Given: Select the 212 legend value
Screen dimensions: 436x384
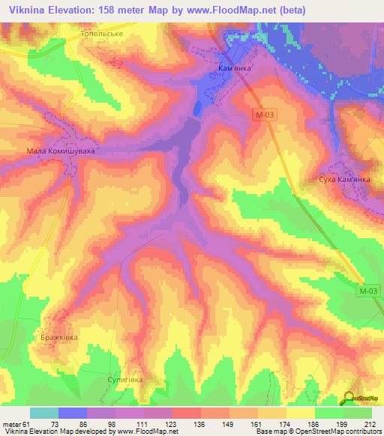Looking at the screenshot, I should (373, 424).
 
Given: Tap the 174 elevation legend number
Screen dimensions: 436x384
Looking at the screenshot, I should (285, 424).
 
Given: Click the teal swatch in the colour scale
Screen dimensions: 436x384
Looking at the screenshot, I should (43, 413).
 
